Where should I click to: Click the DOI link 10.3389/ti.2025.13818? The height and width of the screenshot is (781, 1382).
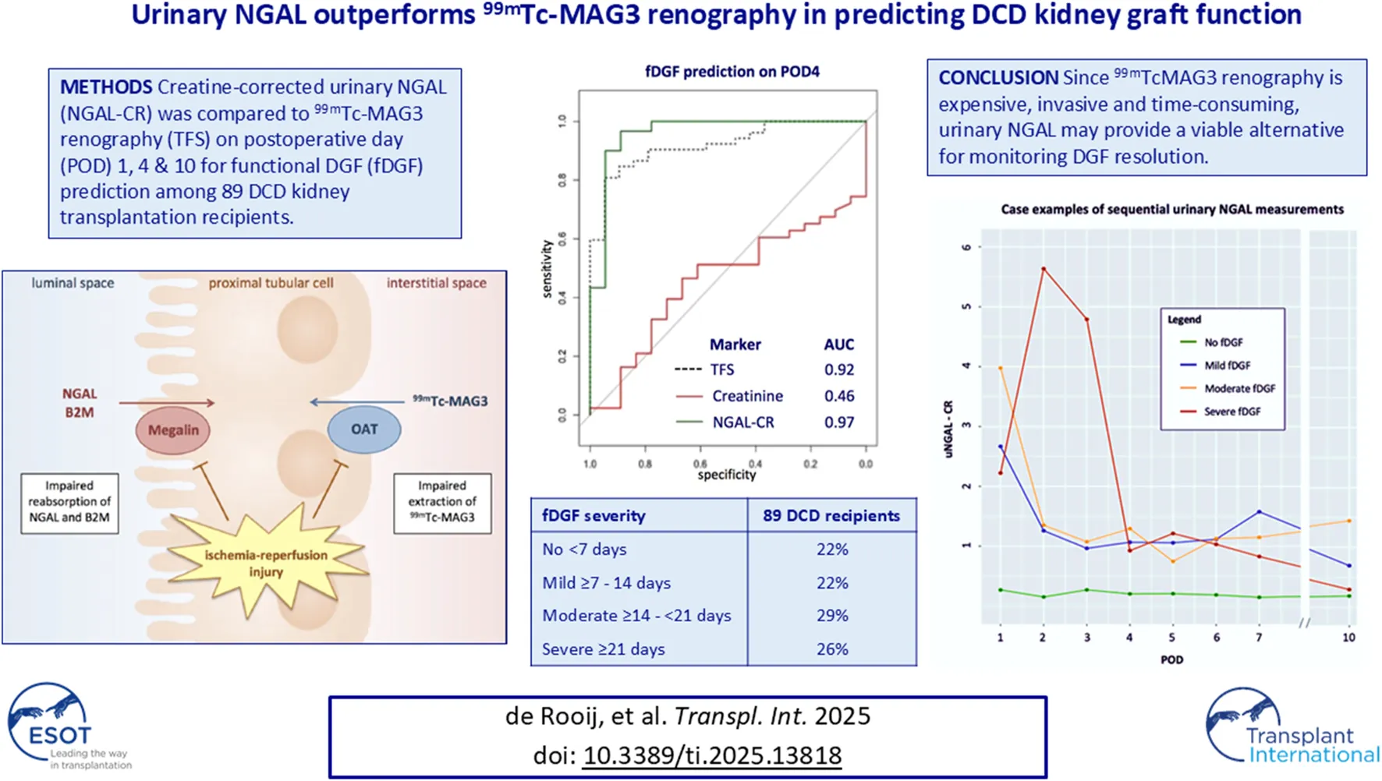coord(712,755)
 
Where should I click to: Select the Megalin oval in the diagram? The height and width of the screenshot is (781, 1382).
coord(173,429)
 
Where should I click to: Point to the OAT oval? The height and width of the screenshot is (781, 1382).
coord(364,429)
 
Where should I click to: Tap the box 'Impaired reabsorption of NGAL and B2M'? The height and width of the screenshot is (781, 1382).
coord(69,502)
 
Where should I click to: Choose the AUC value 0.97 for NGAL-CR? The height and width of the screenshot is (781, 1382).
coord(839,422)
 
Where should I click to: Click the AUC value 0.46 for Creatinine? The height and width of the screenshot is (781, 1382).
coord(839,396)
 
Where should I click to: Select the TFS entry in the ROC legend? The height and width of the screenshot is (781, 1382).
coord(721,369)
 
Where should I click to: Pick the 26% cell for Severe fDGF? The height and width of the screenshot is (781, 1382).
coord(832,648)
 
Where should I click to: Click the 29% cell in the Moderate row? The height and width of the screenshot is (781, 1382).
coord(832,615)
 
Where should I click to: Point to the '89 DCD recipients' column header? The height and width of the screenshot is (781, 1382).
coord(831,516)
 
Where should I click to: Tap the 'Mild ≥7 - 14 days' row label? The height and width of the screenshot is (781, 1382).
coord(606,582)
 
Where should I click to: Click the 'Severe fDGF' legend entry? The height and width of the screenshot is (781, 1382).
coord(1231,412)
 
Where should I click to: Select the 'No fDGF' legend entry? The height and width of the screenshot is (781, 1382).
coord(1223,342)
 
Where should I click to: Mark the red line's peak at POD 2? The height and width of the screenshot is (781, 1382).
coord(1044,269)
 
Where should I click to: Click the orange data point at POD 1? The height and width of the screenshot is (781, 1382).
coord(1001,368)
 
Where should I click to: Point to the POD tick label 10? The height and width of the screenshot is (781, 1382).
coord(1348,637)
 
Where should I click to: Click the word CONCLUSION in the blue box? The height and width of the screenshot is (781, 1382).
coord(998,78)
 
